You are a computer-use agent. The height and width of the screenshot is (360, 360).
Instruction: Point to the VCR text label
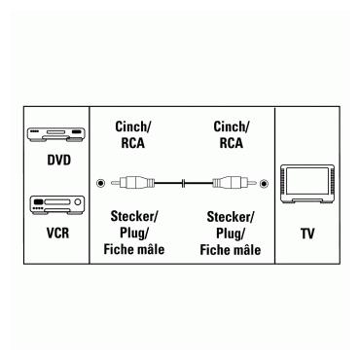click(45, 234)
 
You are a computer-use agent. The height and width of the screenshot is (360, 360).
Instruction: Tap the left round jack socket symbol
click(102, 182)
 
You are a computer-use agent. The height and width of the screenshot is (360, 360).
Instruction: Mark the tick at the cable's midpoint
click(181, 182)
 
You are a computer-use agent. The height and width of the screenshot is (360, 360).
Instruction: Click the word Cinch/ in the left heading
click(130, 126)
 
